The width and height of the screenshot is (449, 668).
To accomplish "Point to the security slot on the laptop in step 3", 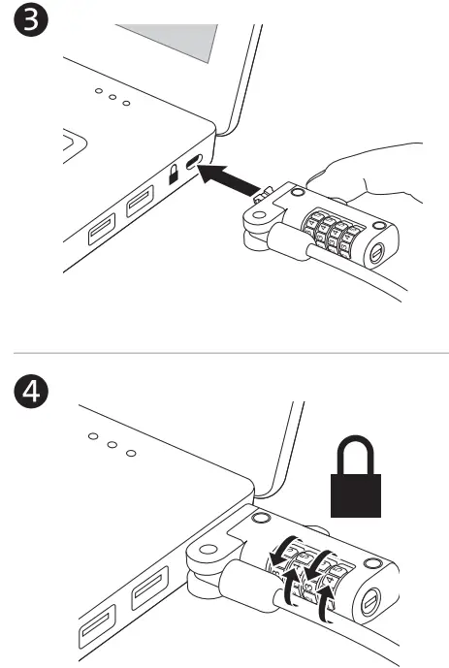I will tap(195, 162).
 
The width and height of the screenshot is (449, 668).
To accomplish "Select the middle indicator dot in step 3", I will tap(114, 100).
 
